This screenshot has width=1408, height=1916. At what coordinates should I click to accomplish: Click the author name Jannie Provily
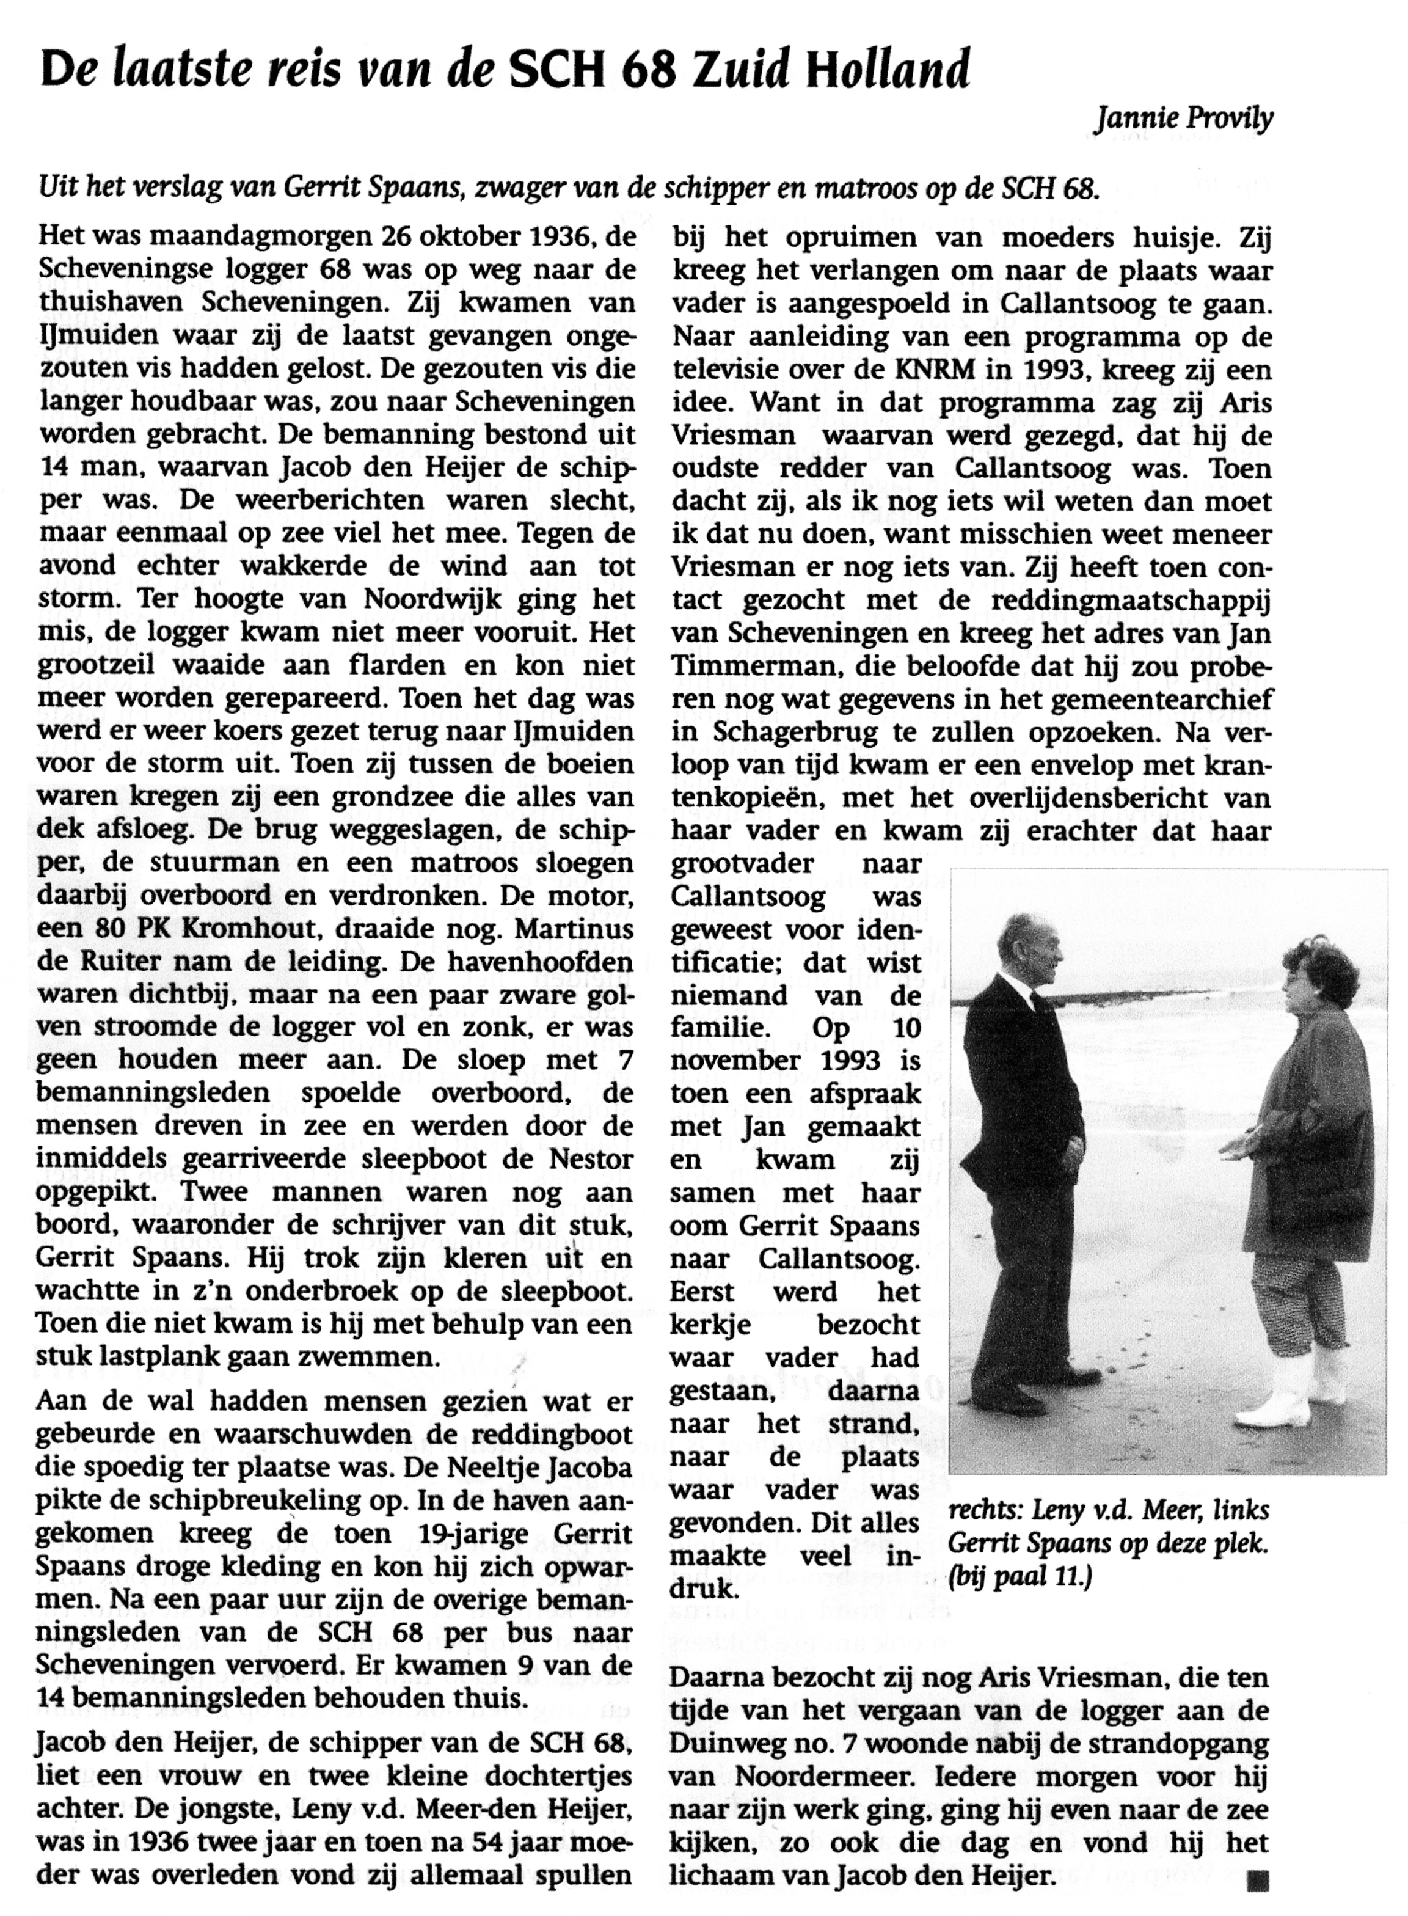[1184, 121]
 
